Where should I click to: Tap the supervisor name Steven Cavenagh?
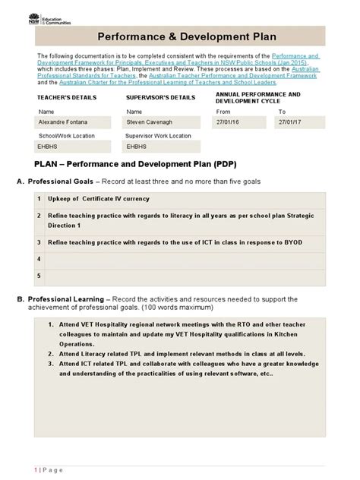[149, 122]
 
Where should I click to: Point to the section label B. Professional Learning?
[65, 299]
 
